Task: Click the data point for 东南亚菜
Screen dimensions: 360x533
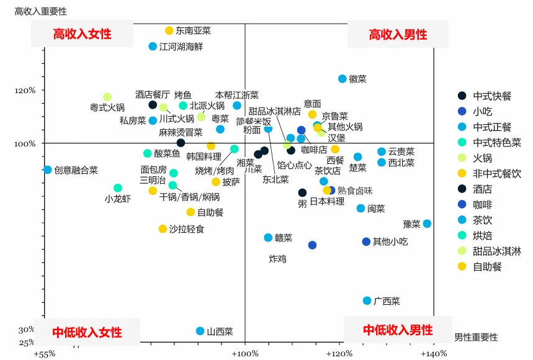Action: (169, 30)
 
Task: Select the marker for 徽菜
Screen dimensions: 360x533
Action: (342, 79)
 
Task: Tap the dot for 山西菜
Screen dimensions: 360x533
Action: (200, 331)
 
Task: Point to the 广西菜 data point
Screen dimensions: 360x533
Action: (367, 301)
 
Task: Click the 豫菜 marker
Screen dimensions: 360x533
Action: (427, 223)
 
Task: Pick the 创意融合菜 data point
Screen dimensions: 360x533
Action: (48, 169)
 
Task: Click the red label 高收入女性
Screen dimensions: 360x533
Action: (83, 34)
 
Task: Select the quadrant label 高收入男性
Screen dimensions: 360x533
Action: (398, 35)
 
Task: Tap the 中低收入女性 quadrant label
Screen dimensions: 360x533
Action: (87, 331)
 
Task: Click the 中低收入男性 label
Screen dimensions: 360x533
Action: (398, 330)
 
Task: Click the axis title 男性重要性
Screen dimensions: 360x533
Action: (476, 337)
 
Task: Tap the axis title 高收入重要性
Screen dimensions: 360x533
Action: (40, 12)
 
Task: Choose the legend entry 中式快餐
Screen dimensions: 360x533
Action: (492, 96)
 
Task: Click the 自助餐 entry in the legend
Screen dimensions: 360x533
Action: (487, 267)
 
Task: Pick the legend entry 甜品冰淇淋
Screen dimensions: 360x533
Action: (497, 251)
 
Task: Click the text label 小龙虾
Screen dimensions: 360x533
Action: (117, 199)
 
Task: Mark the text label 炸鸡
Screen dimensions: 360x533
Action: (277, 258)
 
